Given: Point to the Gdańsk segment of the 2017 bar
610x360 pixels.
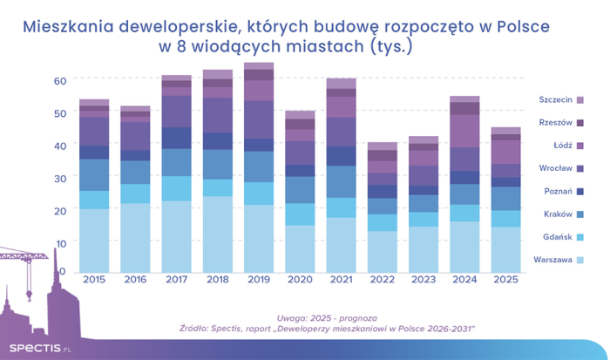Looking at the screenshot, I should click(177, 188).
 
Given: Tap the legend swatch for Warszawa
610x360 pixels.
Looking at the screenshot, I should click(579, 259).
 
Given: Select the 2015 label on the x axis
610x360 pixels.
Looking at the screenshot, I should click(94, 280).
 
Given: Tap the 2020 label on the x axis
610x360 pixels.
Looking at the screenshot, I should click(301, 280).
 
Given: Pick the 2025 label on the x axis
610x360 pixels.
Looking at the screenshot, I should click(505, 280).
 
